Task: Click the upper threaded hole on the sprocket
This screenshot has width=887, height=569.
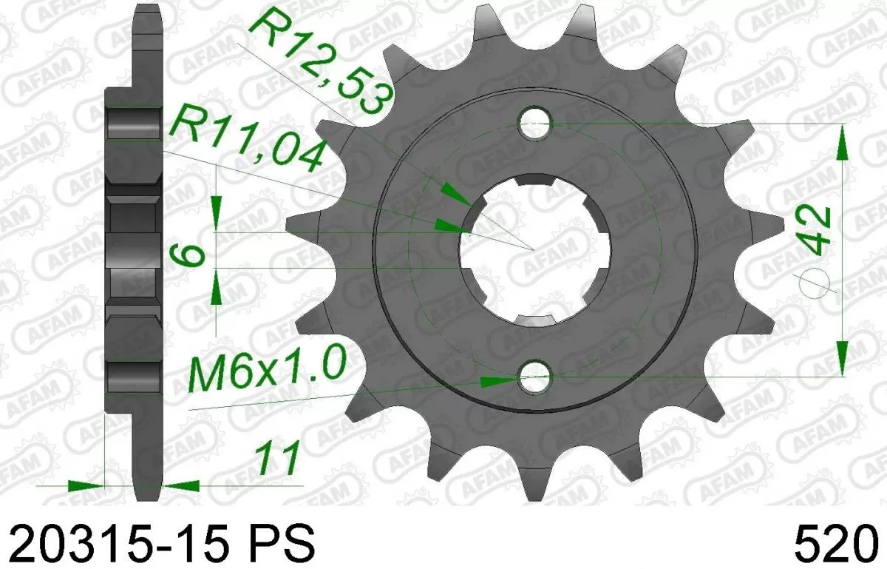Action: pyautogui.click(x=535, y=124)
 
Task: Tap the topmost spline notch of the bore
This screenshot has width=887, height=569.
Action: pyautogui.click(x=535, y=180)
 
